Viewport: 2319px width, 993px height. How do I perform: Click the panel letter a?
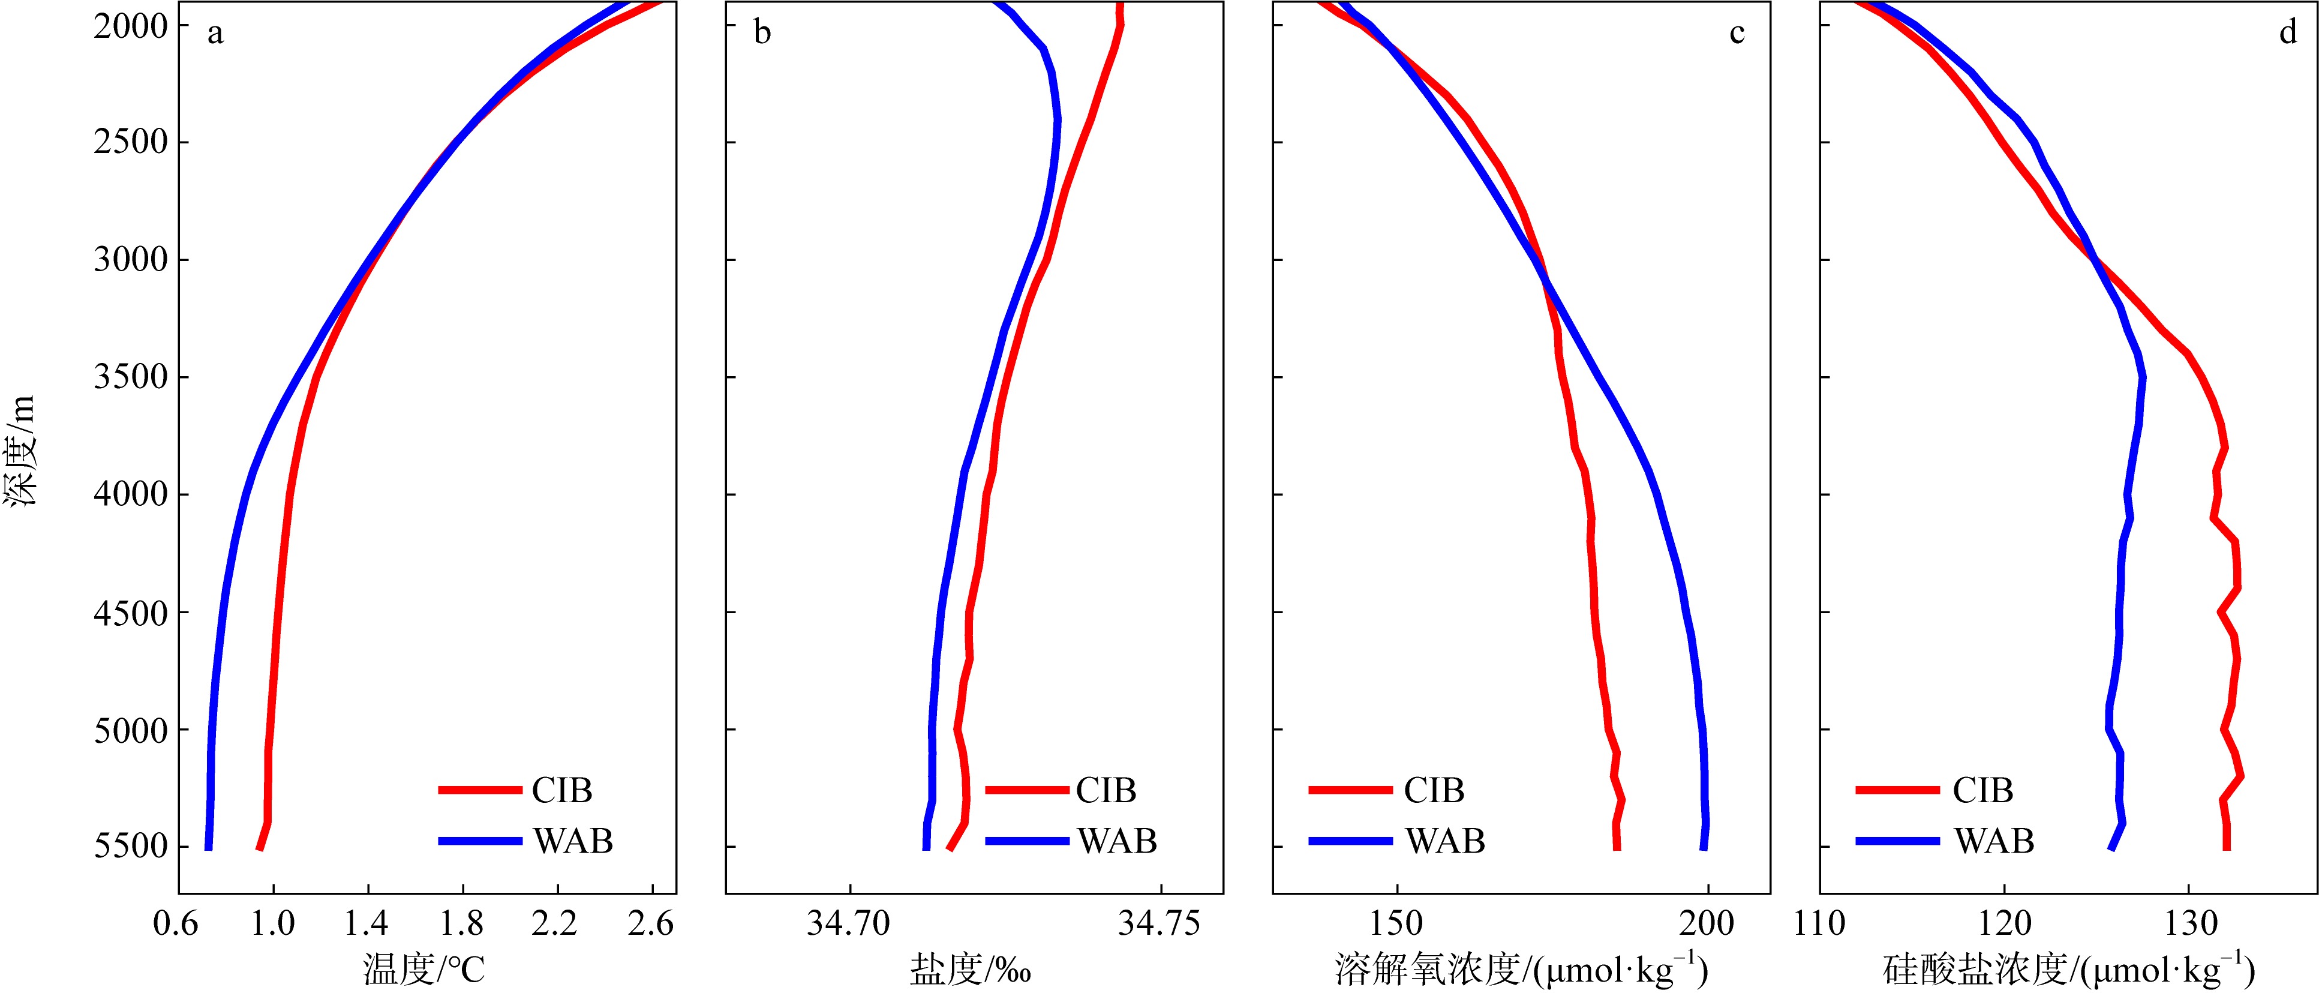point(215,34)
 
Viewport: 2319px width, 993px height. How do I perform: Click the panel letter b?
point(762,34)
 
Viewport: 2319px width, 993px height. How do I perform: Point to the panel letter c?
point(1737,34)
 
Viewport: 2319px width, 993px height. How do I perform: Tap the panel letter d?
point(2287,34)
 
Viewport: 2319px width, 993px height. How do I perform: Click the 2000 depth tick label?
point(131,26)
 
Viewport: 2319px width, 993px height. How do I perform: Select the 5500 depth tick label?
point(131,846)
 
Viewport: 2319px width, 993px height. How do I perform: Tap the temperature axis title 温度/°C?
point(424,970)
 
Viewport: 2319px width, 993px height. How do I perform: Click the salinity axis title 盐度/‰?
point(971,970)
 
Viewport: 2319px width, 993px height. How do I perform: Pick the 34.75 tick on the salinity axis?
point(1159,923)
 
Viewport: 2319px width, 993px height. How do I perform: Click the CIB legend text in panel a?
point(561,790)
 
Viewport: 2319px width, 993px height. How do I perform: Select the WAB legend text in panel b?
point(1117,841)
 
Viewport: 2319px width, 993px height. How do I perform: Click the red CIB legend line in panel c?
point(1350,790)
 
